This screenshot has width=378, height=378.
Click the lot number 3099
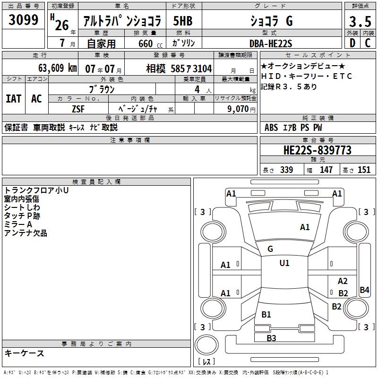coord(24,21)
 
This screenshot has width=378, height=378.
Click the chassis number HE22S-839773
coord(317,150)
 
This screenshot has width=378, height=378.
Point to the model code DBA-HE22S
coord(271,43)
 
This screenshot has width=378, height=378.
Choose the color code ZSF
coord(78,109)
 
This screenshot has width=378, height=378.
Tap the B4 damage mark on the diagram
coord(364,290)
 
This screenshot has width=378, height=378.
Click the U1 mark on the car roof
coord(284,263)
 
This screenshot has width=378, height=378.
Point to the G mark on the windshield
coord(270,249)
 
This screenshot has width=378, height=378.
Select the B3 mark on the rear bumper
coord(271,338)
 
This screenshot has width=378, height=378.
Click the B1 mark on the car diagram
coord(266,314)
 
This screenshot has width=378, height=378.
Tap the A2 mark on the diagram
coord(343,281)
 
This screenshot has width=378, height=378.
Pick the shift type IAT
coord(13,98)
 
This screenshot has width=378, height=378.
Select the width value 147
coord(326,170)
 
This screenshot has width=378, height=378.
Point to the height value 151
coord(364,170)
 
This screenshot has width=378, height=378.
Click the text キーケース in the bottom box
coord(24,353)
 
